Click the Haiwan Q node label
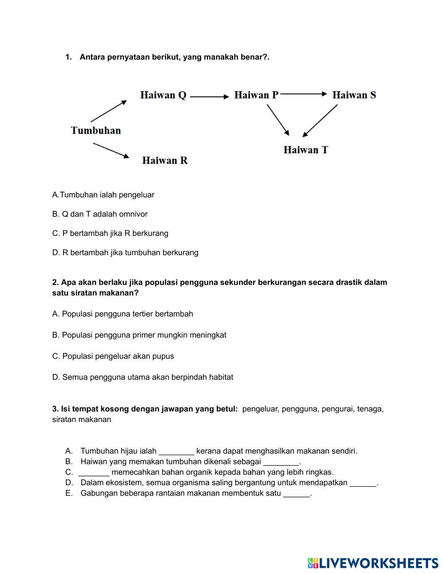(x=163, y=95)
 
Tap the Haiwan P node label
(x=256, y=95)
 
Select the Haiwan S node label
(x=354, y=95)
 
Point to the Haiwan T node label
(x=305, y=150)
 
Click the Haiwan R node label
(x=165, y=161)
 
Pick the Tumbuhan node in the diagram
(x=96, y=130)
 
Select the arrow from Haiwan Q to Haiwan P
(x=209, y=96)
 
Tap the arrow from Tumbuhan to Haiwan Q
(x=109, y=111)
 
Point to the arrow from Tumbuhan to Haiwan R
(x=111, y=150)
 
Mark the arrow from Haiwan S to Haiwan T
(x=320, y=121)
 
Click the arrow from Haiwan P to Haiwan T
(x=278, y=120)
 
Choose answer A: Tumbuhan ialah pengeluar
(x=103, y=195)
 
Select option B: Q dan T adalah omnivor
(x=100, y=214)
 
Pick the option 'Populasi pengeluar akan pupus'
(x=113, y=356)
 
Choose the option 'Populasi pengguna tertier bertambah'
(x=123, y=314)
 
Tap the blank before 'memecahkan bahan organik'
(x=94, y=473)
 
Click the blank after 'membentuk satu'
(x=296, y=494)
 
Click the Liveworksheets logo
(x=373, y=563)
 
